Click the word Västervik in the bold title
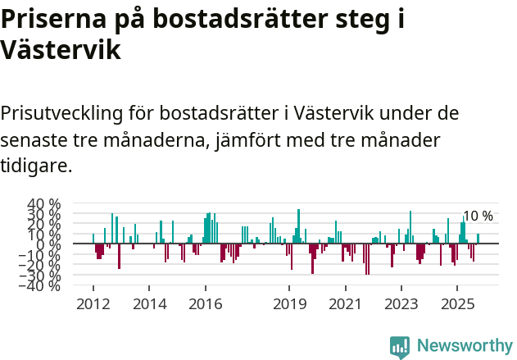tap(61, 51)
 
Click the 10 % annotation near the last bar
tap(478, 216)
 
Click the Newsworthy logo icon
tap(400, 347)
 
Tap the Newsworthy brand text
tap(464, 347)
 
